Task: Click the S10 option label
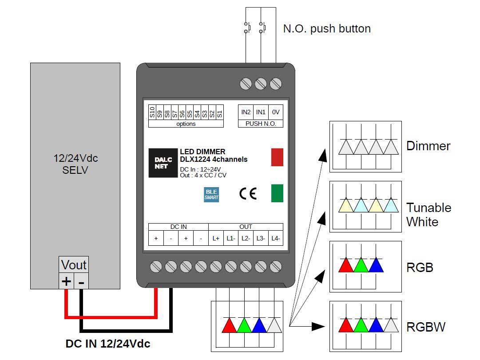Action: pyautogui.click(x=152, y=112)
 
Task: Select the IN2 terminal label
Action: pyautogui.click(x=246, y=112)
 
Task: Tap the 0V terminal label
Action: pyautogui.click(x=275, y=112)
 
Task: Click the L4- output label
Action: pyautogui.click(x=275, y=238)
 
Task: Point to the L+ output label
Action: pyautogui.click(x=216, y=238)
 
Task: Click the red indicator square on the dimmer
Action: pyautogui.click(x=277, y=157)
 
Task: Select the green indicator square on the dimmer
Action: pyautogui.click(x=277, y=193)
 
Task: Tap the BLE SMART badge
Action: pyautogui.click(x=211, y=195)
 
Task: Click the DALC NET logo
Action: pyautogui.click(x=163, y=163)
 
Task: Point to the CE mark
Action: pyautogui.click(x=248, y=193)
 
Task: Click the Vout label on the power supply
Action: pyautogui.click(x=74, y=265)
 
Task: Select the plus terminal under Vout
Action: pyautogui.click(x=66, y=281)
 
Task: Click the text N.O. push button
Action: pyautogui.click(x=327, y=29)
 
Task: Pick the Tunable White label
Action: pyautogui.click(x=428, y=215)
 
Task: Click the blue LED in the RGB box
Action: pyautogui.click(x=376, y=265)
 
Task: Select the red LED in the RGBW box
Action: pyautogui.click(x=346, y=325)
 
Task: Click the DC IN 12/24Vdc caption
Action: pyautogui.click(x=108, y=344)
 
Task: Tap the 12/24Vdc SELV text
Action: pyautogui.click(x=75, y=164)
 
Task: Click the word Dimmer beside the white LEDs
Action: pyautogui.click(x=428, y=146)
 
